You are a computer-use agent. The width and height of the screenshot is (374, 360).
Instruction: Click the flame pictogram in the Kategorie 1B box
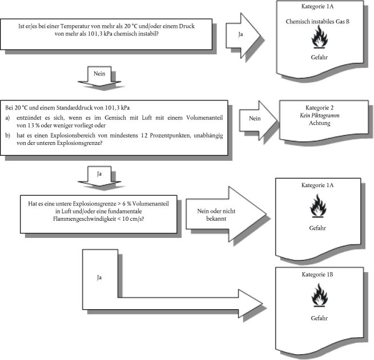(319, 295)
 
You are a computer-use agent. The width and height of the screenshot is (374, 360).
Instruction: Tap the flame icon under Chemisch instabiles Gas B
(319, 37)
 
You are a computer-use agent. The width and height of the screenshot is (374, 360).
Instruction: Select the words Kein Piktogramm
(319, 116)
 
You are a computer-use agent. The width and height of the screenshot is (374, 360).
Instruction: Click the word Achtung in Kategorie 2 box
(320, 123)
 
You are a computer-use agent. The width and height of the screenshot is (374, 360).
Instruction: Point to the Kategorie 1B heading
(317, 274)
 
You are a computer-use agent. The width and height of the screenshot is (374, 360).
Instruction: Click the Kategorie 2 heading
(319, 108)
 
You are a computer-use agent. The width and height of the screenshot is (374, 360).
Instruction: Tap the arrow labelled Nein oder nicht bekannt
(226, 214)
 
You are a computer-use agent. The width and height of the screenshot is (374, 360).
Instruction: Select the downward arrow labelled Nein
(99, 76)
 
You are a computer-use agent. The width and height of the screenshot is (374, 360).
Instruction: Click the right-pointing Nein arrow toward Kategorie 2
(258, 120)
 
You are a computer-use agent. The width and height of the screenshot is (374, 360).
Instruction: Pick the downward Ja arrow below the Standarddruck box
(99, 176)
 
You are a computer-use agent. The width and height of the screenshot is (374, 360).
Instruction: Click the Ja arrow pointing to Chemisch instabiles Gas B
(243, 35)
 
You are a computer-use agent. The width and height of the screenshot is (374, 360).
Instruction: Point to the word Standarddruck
(74, 108)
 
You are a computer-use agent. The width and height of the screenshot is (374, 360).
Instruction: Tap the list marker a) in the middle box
(7, 118)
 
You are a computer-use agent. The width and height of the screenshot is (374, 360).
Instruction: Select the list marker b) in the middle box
(7, 135)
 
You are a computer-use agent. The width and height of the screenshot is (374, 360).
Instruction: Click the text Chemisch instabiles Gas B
(317, 22)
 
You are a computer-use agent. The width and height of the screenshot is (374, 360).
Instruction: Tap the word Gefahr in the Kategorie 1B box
(319, 318)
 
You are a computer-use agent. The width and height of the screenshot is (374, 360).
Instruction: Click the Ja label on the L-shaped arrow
(99, 277)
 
